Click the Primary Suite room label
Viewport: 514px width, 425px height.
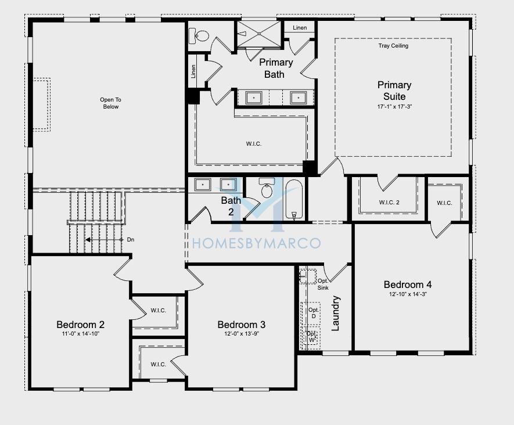pos(394,91)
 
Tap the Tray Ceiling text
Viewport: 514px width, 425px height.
pos(393,46)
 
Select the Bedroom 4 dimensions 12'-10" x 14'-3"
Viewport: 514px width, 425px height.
pos(408,294)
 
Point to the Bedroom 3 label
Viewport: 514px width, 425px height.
pos(241,325)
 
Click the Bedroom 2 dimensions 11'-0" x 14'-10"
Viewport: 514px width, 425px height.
pos(80,334)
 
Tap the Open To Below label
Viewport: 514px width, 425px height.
pos(111,103)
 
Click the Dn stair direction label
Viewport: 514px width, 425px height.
pos(131,240)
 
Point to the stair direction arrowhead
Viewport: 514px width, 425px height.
pos(88,240)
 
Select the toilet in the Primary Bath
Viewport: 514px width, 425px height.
pos(199,36)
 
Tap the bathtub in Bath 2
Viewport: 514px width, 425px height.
pos(294,199)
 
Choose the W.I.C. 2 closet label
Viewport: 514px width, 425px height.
pos(389,203)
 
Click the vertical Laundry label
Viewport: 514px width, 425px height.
pos(336,314)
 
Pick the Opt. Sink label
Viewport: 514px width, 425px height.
pos(323,284)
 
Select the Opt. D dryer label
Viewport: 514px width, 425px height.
pos(314,313)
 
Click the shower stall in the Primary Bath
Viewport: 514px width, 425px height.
pos(259,34)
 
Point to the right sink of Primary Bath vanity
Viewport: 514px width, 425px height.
pos(298,98)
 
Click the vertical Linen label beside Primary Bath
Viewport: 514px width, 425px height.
pos(193,71)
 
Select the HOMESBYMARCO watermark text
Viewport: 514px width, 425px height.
pos(256,243)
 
